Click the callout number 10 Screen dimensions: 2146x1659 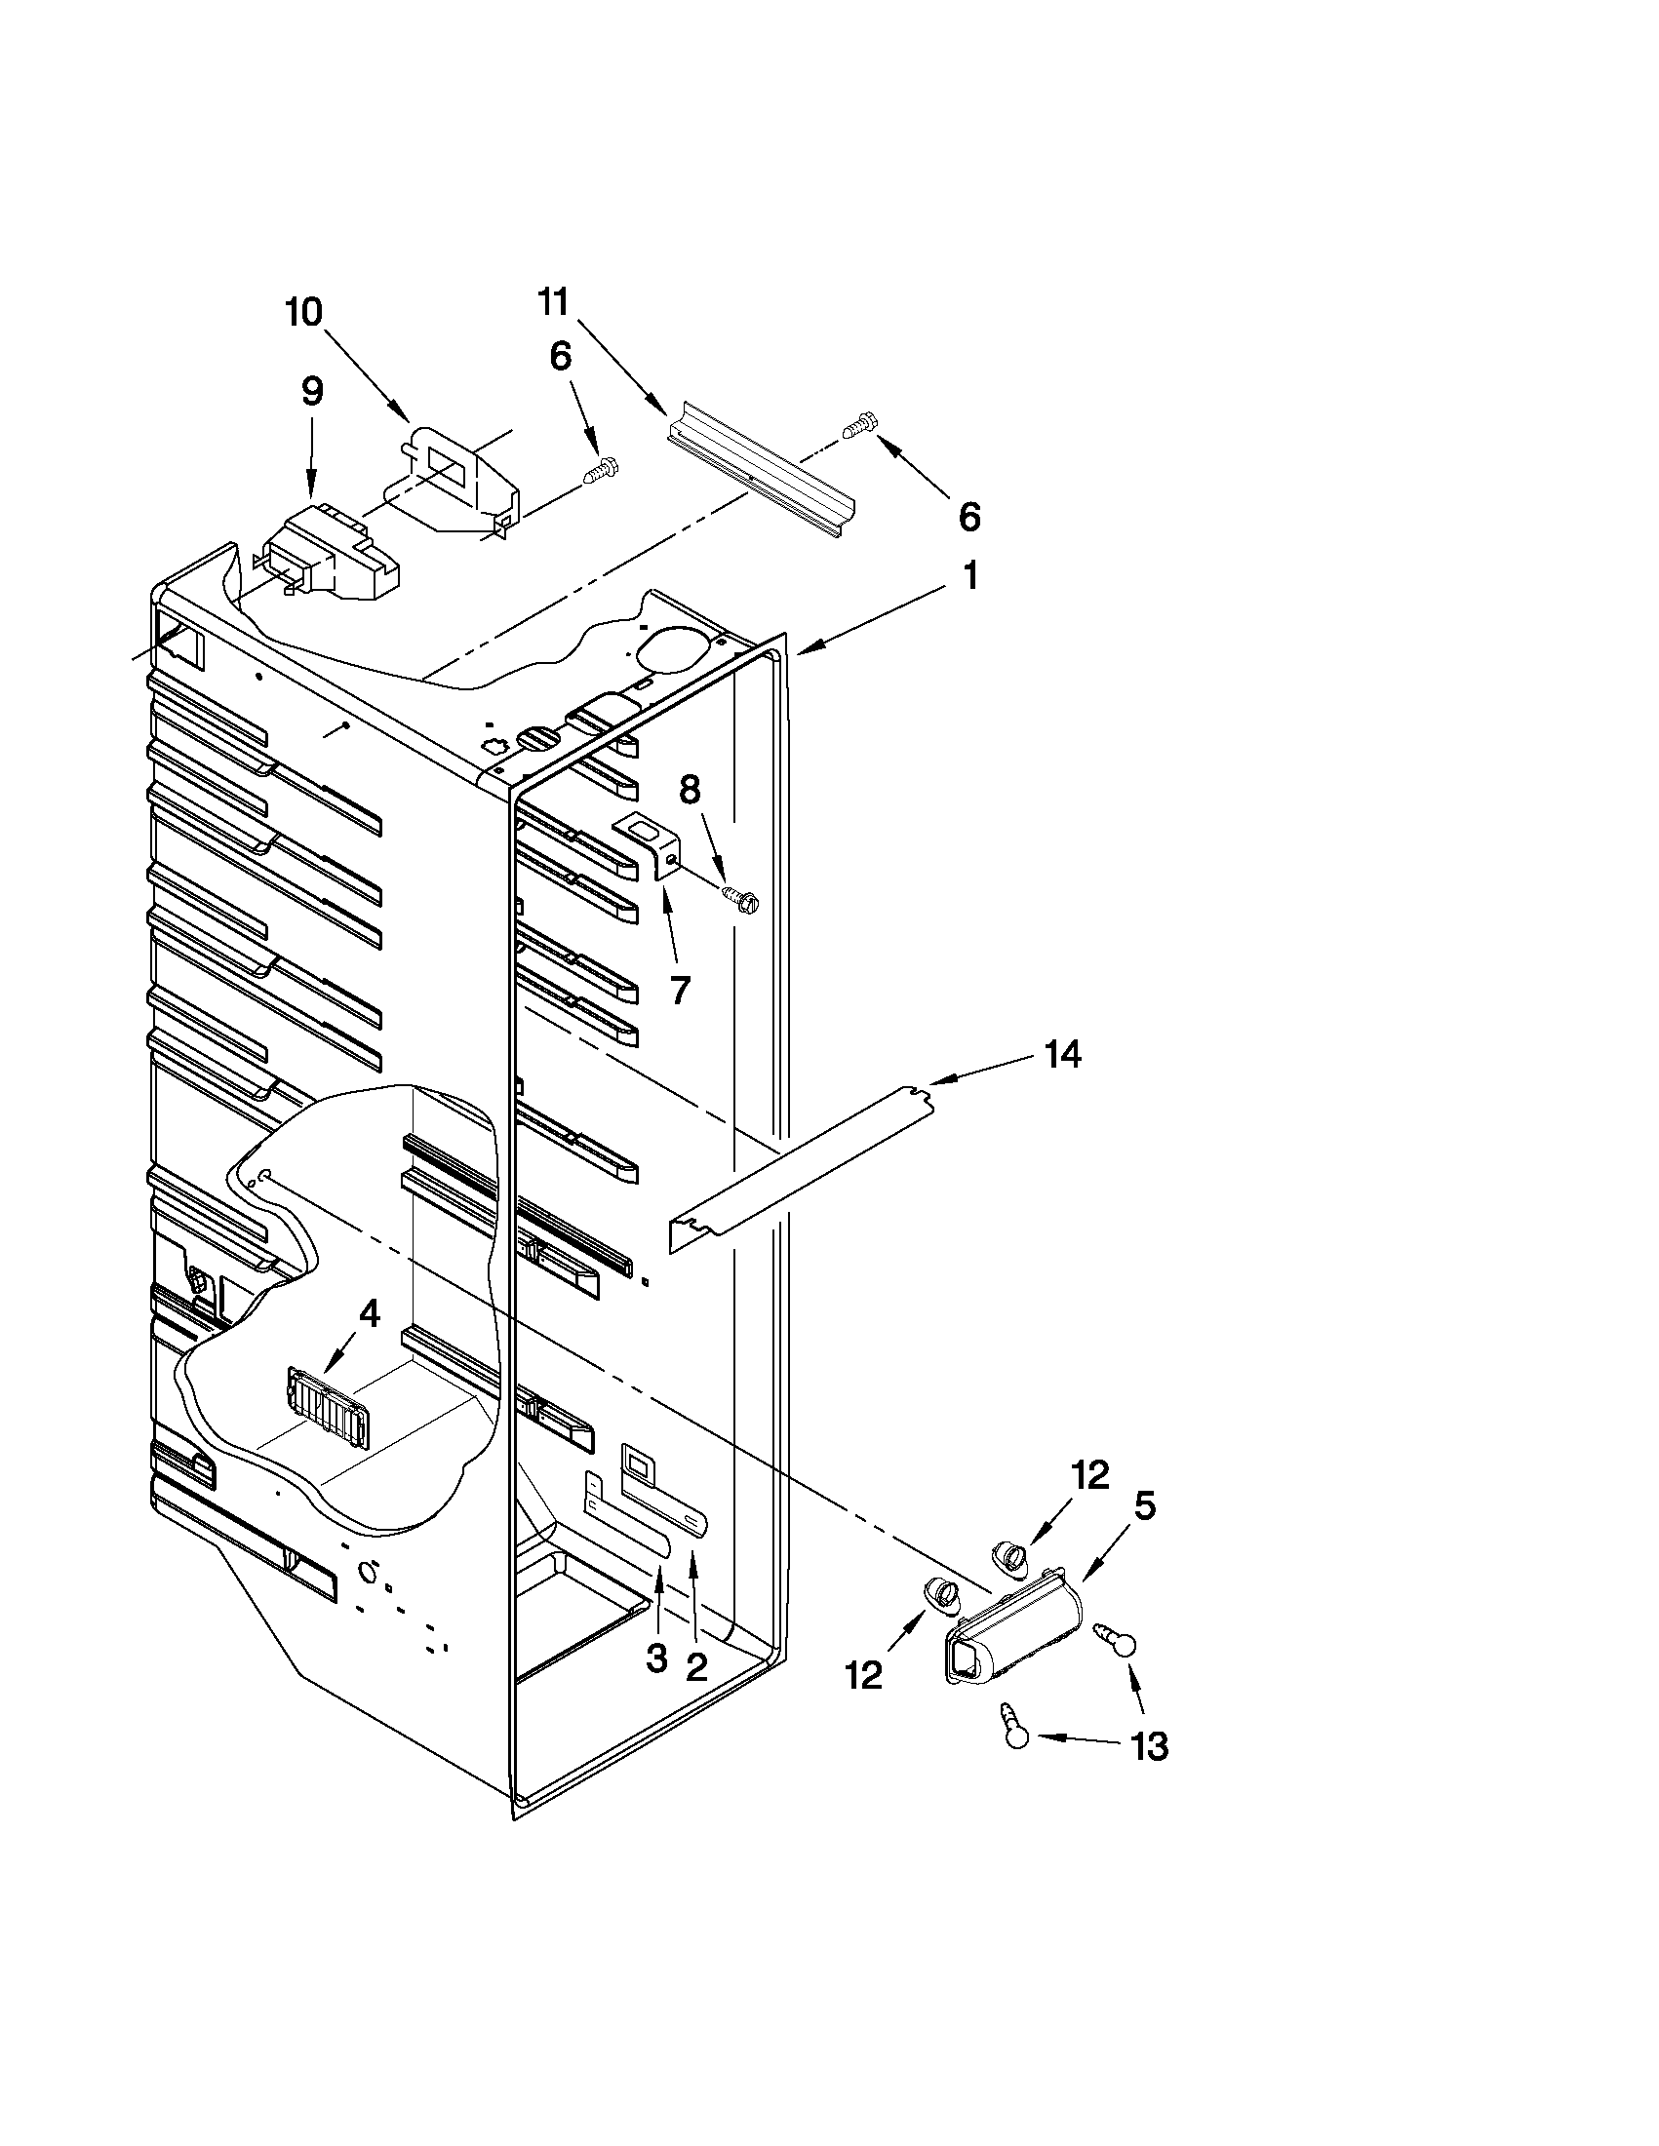[303, 312]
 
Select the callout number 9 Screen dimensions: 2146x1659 [310, 392]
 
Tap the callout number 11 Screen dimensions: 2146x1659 [553, 301]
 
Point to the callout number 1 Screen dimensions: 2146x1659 [969, 576]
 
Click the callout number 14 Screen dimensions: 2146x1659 [1062, 1054]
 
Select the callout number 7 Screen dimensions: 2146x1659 [680, 990]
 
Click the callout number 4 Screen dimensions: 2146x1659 [369, 1313]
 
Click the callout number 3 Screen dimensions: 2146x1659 [656, 1658]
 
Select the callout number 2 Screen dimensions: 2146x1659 [695, 1665]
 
